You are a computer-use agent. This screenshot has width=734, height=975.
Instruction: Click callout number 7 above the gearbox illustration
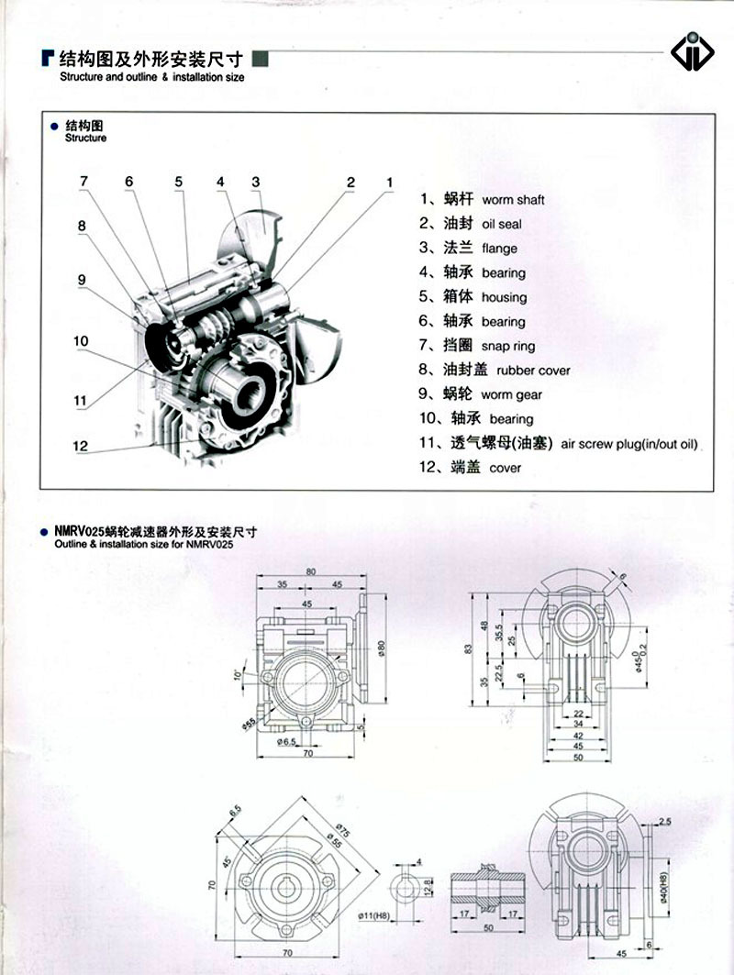click(84, 181)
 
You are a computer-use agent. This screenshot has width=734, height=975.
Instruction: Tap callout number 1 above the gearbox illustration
click(389, 182)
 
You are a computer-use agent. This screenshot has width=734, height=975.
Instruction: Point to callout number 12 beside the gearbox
click(81, 447)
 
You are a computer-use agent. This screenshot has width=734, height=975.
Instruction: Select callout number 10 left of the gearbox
click(81, 341)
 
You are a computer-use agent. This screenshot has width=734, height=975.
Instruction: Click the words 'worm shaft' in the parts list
click(513, 200)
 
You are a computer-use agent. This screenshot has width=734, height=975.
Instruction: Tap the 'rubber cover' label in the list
click(533, 371)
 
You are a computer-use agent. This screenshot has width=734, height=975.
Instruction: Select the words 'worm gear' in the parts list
click(511, 395)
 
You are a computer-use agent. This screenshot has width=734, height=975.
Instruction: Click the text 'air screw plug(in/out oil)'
click(629, 444)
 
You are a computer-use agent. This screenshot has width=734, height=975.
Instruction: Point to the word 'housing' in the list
click(504, 297)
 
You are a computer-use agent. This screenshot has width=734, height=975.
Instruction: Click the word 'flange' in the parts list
click(499, 249)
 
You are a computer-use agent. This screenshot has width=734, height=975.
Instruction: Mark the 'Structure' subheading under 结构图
click(85, 138)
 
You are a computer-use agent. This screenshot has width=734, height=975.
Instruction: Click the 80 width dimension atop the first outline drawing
click(310, 571)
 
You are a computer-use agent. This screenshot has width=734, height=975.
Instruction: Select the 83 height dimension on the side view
click(469, 649)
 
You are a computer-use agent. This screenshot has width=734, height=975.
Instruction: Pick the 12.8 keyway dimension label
click(428, 887)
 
